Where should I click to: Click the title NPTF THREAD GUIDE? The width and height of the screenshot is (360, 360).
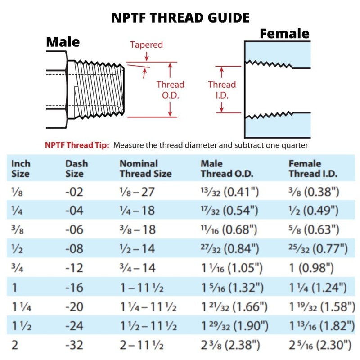pyautogui.click(x=180, y=18)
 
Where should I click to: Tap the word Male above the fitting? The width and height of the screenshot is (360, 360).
pyautogui.click(x=63, y=42)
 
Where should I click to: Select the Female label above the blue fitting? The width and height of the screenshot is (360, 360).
pyautogui.click(x=284, y=34)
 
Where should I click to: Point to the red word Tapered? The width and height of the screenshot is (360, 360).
pyautogui.click(x=146, y=45)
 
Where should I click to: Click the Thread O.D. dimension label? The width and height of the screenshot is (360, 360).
pyautogui.click(x=170, y=90)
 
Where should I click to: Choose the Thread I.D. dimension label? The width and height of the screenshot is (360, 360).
pyautogui.click(x=221, y=90)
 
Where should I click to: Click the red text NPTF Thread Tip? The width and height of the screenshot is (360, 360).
pyautogui.click(x=77, y=145)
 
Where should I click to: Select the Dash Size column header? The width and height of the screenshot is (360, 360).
pyautogui.click(x=76, y=168)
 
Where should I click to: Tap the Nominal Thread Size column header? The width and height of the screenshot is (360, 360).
pyautogui.click(x=145, y=168)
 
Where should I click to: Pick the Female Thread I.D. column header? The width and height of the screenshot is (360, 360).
pyautogui.click(x=313, y=168)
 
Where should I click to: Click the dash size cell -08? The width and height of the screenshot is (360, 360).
pyautogui.click(x=74, y=248)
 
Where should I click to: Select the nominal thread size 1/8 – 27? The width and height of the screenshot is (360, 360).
pyautogui.click(x=137, y=192)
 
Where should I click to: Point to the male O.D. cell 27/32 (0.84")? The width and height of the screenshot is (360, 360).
pyautogui.click(x=229, y=248)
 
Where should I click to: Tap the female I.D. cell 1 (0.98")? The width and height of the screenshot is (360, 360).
pyautogui.click(x=311, y=268)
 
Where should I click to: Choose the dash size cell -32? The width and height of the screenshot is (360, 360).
pyautogui.click(x=74, y=346)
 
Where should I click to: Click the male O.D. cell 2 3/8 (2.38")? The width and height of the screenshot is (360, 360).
pyautogui.click(x=231, y=346)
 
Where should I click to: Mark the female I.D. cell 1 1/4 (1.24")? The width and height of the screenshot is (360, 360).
pyautogui.click(x=317, y=288)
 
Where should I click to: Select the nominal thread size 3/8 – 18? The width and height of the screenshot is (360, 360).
pyautogui.click(x=138, y=229)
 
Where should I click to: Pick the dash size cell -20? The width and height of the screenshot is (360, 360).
pyautogui.click(x=74, y=307)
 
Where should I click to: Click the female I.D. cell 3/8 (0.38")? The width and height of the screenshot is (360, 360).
pyautogui.click(x=313, y=192)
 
